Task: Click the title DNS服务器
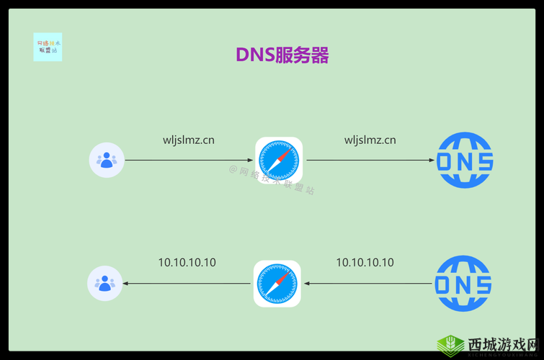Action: click(282, 55)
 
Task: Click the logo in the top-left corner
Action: click(48, 47)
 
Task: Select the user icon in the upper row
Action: click(107, 160)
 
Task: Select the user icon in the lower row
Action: click(105, 283)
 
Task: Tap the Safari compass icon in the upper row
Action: click(279, 160)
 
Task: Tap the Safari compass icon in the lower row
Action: click(277, 284)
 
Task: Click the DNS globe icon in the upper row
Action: click(465, 160)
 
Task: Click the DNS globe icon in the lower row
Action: click(463, 284)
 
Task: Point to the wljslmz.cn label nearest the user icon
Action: click(188, 140)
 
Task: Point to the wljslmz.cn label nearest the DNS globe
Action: click(370, 140)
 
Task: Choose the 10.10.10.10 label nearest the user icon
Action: click(187, 263)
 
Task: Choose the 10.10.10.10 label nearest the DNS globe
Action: click(365, 263)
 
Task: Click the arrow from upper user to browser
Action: click(189, 160)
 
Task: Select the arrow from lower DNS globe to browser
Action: click(367, 284)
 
